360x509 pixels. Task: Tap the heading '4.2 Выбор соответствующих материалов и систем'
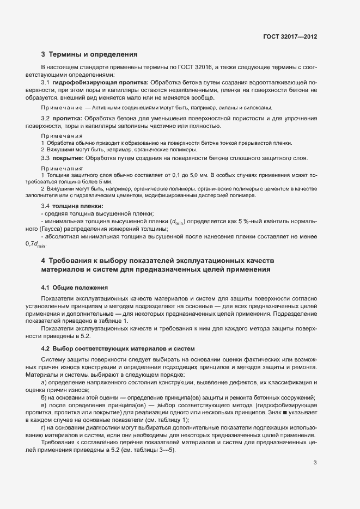tap(114, 348)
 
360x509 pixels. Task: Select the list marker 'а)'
tap(44, 383)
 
